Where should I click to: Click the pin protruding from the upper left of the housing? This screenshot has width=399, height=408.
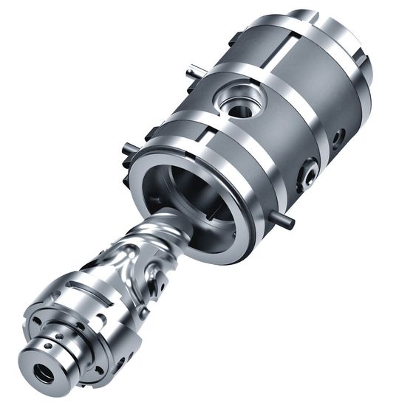pyautogui.click(x=194, y=71)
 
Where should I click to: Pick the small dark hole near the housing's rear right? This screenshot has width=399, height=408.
pyautogui.click(x=338, y=138)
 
